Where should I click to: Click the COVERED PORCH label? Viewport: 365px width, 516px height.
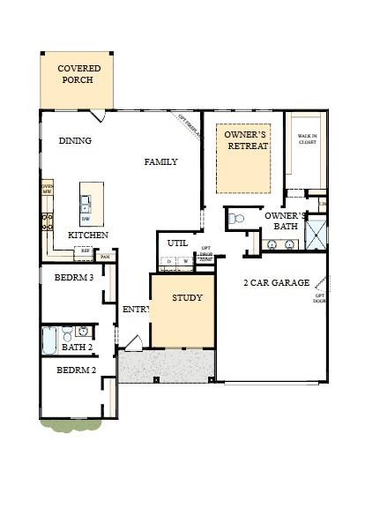tap(78, 74)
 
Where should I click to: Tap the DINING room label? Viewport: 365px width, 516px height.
tap(75, 140)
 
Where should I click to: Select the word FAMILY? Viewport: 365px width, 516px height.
tap(161, 161)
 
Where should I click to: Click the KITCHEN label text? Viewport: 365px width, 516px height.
tap(88, 236)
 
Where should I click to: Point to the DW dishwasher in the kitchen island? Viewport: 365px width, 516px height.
tap(86, 218)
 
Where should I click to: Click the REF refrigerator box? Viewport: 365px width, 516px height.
tap(86, 251)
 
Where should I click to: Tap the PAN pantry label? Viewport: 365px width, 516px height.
tap(105, 257)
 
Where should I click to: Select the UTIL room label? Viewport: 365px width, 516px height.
tap(177, 243)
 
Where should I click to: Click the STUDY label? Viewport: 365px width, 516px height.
tap(187, 297)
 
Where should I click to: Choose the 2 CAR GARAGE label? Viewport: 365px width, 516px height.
tap(276, 283)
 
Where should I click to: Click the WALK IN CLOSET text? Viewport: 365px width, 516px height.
tap(307, 138)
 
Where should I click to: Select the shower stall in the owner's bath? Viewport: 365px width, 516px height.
tap(315, 233)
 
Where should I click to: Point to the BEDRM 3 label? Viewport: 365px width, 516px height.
tap(73, 277)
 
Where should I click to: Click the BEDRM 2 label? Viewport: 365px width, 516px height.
tap(76, 370)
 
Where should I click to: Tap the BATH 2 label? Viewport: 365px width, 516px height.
tap(78, 347)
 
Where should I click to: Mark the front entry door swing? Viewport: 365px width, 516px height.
tap(133, 342)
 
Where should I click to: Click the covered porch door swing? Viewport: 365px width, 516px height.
tap(98, 116)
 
